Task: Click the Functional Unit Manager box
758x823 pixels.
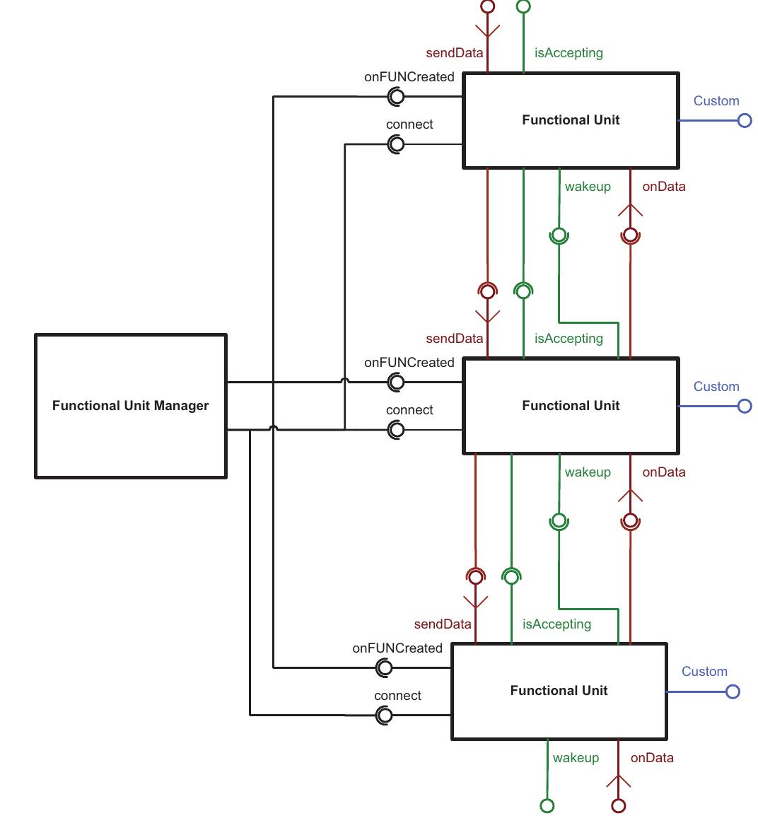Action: pos(131,406)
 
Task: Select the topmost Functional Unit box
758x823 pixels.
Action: pos(571,120)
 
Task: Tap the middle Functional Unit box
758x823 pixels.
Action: pos(571,406)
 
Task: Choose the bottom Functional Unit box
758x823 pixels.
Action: pos(559,691)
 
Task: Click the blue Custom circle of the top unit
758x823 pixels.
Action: pos(745,120)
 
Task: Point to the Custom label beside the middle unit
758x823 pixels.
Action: pos(716,387)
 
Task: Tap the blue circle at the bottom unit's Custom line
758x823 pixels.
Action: pos(733,691)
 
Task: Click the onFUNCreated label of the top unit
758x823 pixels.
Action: pos(409,77)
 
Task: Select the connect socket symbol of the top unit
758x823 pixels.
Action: pos(397,144)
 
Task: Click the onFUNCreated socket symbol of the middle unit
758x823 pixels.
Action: pos(397,383)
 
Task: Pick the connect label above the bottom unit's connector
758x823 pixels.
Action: pos(397,696)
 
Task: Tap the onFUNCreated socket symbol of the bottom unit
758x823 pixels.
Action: pos(385,667)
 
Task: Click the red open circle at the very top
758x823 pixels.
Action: pos(487,7)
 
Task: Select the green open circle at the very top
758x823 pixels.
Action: pos(523,7)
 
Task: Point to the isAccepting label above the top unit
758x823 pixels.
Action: pos(568,53)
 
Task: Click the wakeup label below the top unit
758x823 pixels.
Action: pos(588,187)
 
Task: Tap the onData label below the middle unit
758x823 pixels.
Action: pos(663,472)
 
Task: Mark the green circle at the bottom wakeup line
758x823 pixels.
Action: pos(547,805)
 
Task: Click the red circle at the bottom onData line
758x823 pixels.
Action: pos(619,805)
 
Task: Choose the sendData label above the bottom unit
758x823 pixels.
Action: pos(443,624)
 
